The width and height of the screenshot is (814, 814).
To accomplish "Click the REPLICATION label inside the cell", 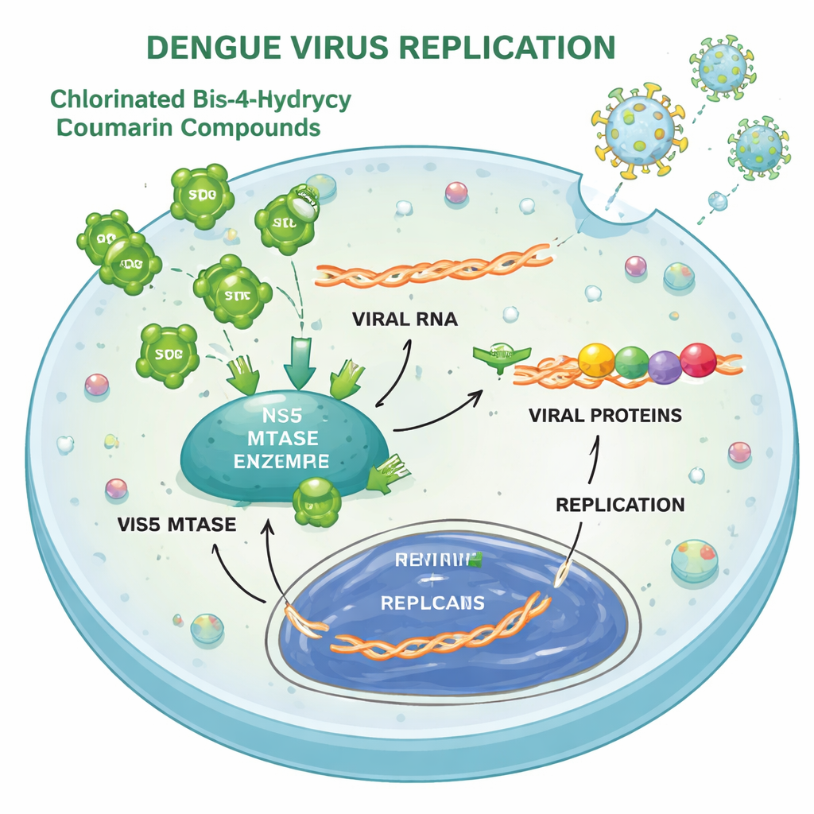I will tap(620, 505).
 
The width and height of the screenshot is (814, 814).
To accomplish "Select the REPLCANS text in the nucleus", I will tap(432, 603).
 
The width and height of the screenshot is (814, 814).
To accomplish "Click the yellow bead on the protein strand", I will tap(596, 360).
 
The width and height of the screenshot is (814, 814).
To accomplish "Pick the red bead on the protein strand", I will tap(698, 359).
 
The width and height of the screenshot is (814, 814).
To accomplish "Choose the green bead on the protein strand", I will tap(632, 362).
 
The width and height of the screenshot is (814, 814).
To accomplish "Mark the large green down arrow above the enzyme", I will tap(298, 355).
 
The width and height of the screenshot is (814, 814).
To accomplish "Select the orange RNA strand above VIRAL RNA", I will tap(434, 266).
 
